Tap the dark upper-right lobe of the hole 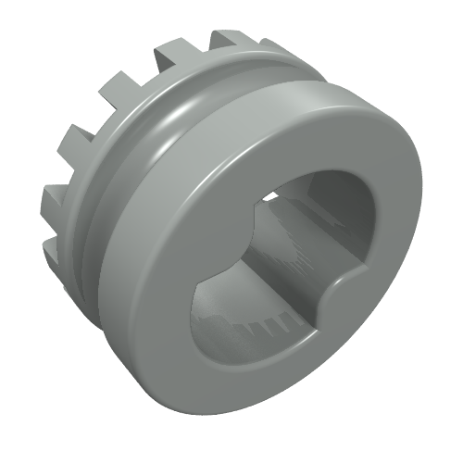[338, 199]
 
